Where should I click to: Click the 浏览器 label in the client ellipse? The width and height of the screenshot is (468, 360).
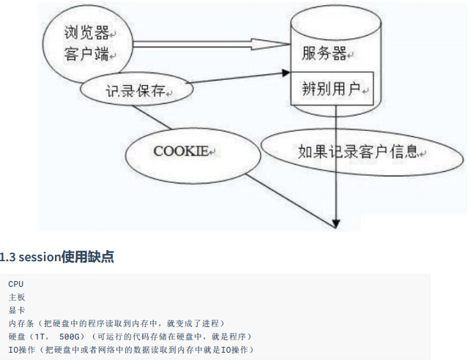pyautogui.click(x=86, y=34)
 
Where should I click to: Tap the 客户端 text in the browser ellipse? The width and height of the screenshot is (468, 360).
pyautogui.click(x=86, y=55)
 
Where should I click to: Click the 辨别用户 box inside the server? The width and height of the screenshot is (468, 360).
pyautogui.click(x=332, y=89)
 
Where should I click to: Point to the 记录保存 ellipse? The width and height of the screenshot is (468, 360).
pyautogui.click(x=136, y=91)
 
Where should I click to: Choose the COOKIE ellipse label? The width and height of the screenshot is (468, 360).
pyautogui.click(x=182, y=151)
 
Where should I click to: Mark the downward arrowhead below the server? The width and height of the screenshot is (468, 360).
pyautogui.click(x=336, y=219)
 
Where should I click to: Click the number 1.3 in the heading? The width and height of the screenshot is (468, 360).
pyautogui.click(x=8, y=257)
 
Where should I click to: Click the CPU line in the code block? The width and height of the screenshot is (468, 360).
pyautogui.click(x=15, y=283)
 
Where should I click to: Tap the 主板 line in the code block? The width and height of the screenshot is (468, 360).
pyautogui.click(x=17, y=296)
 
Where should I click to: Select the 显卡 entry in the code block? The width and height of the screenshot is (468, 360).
pyautogui.click(x=17, y=310)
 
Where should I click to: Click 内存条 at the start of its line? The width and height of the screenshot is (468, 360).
pyautogui.click(x=21, y=323)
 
